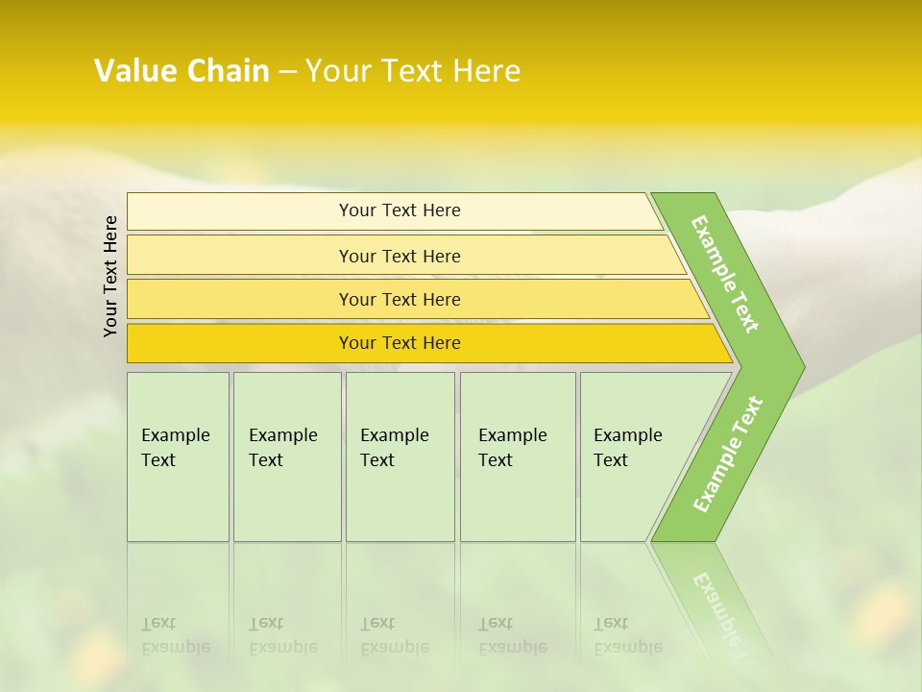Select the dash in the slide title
[287, 72]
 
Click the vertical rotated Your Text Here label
[110, 276]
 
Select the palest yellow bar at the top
[399, 210]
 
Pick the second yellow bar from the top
[399, 256]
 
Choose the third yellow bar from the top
[399, 299]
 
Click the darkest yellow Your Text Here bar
[399, 343]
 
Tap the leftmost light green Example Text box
[178, 457]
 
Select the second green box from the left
[286, 457]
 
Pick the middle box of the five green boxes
[400, 457]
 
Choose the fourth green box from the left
[517, 457]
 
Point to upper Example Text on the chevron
[725, 274]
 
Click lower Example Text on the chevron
[728, 454]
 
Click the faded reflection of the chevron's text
[718, 605]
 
